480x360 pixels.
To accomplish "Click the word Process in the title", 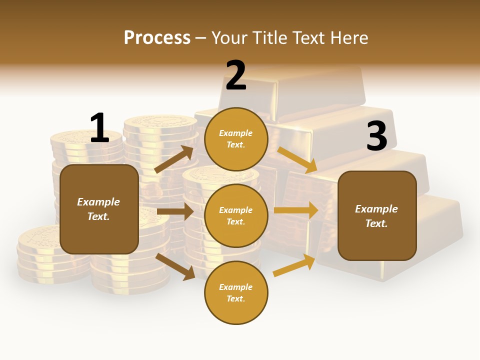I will [157, 38].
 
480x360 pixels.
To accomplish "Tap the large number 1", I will [99, 128].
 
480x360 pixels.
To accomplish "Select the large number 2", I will [236, 75].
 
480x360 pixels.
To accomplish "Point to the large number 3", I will [376, 136].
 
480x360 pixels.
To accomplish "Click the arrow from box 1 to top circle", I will [174, 159].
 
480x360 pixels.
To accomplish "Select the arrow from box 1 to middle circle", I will [175, 211].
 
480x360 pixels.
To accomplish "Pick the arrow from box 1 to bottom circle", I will [175, 266].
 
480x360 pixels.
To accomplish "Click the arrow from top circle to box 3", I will [297, 160].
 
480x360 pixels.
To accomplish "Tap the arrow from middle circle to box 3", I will [296, 210].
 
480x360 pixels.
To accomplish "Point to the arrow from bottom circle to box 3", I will [294, 265].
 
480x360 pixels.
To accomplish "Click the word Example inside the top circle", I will [236, 133].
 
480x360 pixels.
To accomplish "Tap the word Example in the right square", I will [376, 209].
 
